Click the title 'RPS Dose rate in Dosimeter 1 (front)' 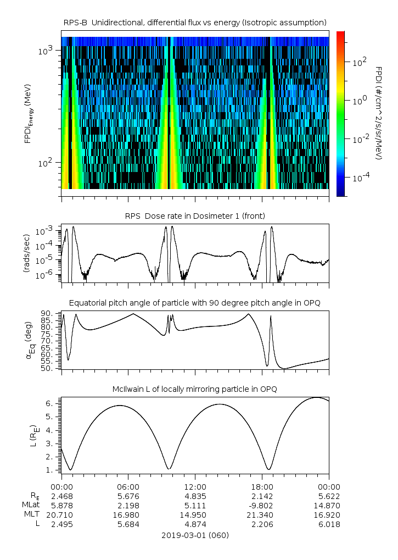pos(195,216)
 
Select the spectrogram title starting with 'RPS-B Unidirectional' pos(195,23)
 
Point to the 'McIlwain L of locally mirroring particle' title pos(195,389)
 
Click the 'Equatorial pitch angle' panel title pos(195,303)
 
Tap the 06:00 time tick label pos(128,487)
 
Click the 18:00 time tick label pos(262,487)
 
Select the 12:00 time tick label pos(195,487)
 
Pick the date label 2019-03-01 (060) pos(195,535)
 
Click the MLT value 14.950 pos(195,515)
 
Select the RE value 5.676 pos(128,496)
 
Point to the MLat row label pos(31,504)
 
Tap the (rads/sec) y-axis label pos(27,253)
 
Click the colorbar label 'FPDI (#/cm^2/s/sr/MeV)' pos(379,113)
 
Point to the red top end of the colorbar pos(340,32)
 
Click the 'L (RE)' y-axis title pos(33,436)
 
